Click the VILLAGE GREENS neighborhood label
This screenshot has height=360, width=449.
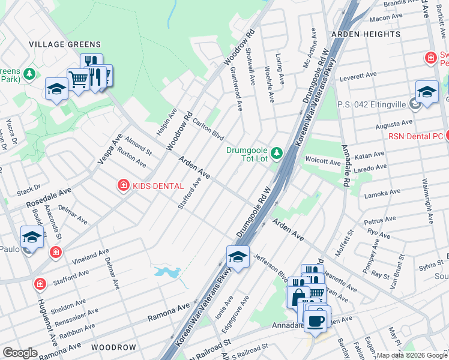click(x=65, y=44)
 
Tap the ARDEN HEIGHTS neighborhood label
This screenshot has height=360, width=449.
click(x=365, y=34)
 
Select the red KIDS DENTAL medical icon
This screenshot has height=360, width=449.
click(x=123, y=186)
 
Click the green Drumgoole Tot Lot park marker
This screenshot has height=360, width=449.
click(x=276, y=154)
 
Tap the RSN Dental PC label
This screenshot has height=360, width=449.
click(x=415, y=136)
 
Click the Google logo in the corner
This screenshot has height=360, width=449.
click(x=20, y=353)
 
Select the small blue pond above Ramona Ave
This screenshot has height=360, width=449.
click(x=167, y=272)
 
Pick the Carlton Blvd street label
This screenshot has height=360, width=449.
click(x=208, y=128)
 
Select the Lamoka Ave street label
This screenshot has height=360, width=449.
click(x=382, y=193)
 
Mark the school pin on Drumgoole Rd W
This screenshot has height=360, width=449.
click(x=238, y=258)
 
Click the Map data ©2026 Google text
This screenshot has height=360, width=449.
click(x=411, y=355)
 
